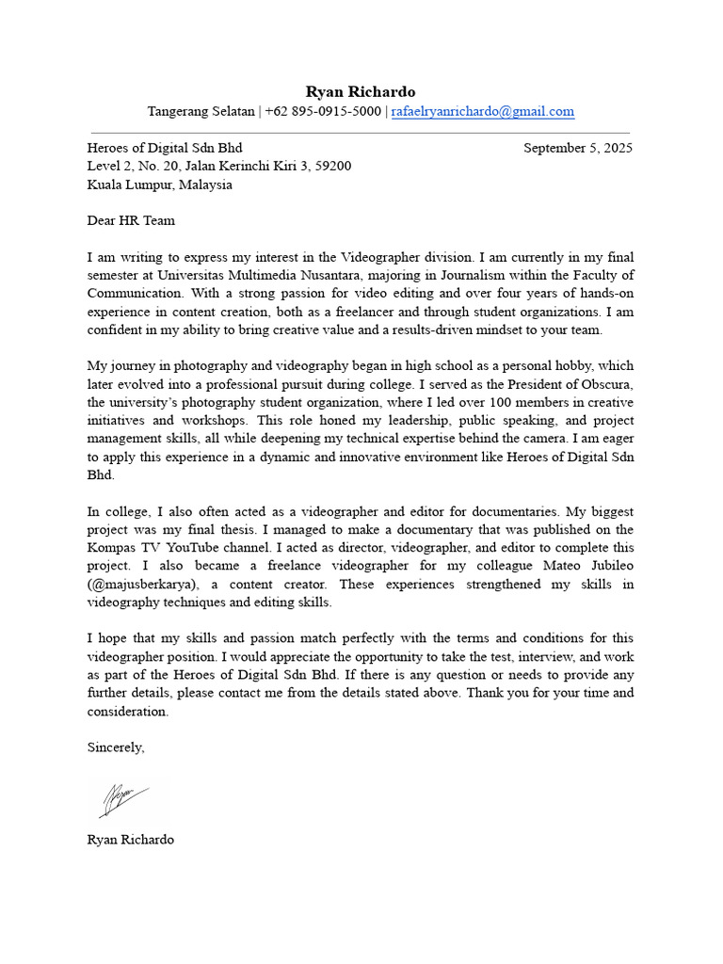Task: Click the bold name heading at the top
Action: pos(361,91)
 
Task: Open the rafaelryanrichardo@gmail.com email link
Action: pos(482,111)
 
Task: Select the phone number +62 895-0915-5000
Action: pos(323,111)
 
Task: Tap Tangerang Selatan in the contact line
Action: pos(201,111)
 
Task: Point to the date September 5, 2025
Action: pos(577,148)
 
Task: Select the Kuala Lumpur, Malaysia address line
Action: pos(159,185)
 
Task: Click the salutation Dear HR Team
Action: pos(131,221)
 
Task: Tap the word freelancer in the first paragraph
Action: pos(406,312)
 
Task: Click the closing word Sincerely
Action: pos(116,747)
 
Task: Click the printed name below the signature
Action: pos(130,839)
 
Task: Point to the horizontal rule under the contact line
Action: pos(361,133)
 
